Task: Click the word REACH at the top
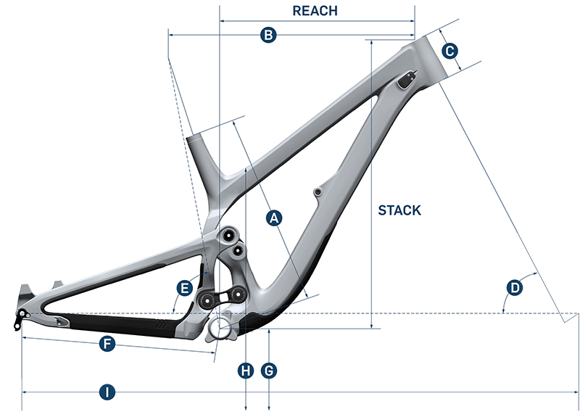point(315,11)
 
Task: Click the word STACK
point(399,210)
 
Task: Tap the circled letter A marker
point(273,217)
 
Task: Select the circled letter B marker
point(268,34)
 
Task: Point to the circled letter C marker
point(449,51)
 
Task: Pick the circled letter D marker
point(514,288)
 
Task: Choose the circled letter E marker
point(184,289)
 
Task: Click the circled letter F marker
point(107,345)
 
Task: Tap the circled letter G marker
point(269,371)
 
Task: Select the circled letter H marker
point(246,371)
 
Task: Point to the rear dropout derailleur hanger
point(20,317)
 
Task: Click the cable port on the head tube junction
point(407,81)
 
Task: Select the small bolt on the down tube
point(317,192)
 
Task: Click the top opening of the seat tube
point(194,136)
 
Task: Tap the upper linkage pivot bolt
point(230,234)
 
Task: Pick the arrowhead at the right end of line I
point(576,392)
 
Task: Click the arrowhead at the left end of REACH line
point(221,22)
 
